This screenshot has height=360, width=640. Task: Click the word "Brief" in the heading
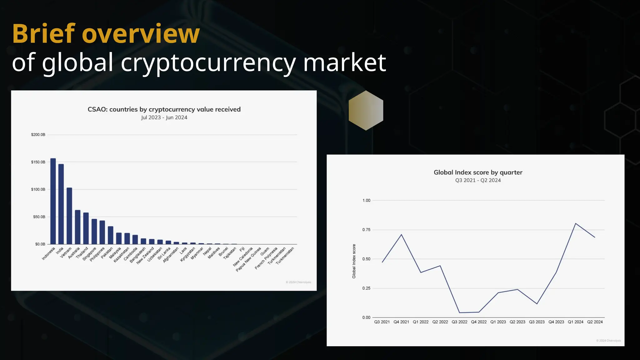43,33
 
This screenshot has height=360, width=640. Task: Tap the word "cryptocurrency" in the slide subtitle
208,62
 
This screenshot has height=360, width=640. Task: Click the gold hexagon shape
366,110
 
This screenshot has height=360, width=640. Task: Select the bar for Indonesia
53,201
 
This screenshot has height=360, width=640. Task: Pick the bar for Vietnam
69,216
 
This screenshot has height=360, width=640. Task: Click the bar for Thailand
86,228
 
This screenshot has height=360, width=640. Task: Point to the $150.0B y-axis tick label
38,162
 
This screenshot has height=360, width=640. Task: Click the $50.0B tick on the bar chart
39,217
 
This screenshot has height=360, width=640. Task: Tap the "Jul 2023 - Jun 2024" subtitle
164,117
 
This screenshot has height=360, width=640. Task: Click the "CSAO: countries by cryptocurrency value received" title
164,109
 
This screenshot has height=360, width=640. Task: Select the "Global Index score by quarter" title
478,172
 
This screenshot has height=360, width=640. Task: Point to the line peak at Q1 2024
575,223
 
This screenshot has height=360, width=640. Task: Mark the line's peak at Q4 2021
401,234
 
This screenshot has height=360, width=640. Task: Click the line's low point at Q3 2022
459,312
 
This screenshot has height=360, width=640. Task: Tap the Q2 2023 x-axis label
517,322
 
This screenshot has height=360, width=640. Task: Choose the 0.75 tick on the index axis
366,230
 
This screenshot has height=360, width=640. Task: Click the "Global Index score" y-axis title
354,261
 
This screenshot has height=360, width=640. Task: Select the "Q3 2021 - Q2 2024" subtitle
478,180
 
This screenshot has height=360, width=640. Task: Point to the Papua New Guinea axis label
248,259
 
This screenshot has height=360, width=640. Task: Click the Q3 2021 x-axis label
382,322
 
